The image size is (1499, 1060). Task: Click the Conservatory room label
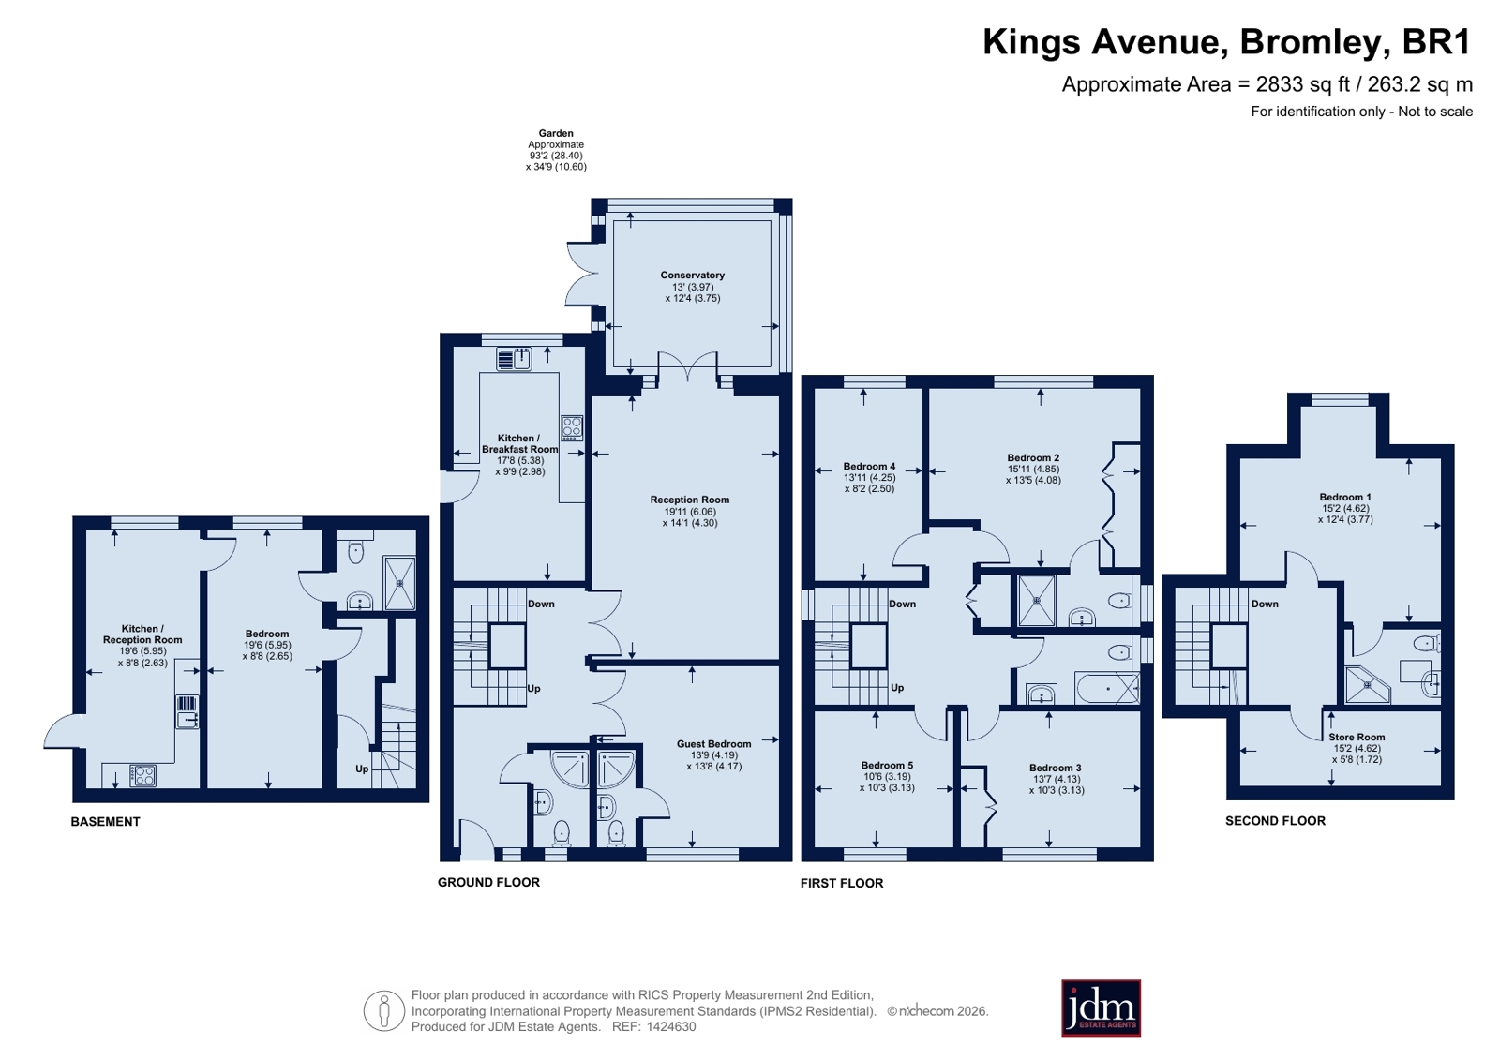693,275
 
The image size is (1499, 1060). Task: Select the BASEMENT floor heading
106,822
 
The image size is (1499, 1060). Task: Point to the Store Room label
1357,738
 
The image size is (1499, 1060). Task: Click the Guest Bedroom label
714,744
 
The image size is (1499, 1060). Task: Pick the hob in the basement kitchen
142,776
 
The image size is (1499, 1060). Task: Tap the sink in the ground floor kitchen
515,359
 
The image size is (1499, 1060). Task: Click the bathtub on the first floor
1107,689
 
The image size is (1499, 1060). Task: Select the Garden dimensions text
556,150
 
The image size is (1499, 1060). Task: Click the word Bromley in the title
1310,42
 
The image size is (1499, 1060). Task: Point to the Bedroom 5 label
887,766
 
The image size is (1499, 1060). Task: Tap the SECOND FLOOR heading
1276,821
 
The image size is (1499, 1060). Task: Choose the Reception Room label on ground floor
690,500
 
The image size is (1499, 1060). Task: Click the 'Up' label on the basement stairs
362,769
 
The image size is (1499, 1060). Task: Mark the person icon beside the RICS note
384,1010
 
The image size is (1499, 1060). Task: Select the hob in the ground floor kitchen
572,427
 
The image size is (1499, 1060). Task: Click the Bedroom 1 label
1345,498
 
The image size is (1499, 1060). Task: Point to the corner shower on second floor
1365,684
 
